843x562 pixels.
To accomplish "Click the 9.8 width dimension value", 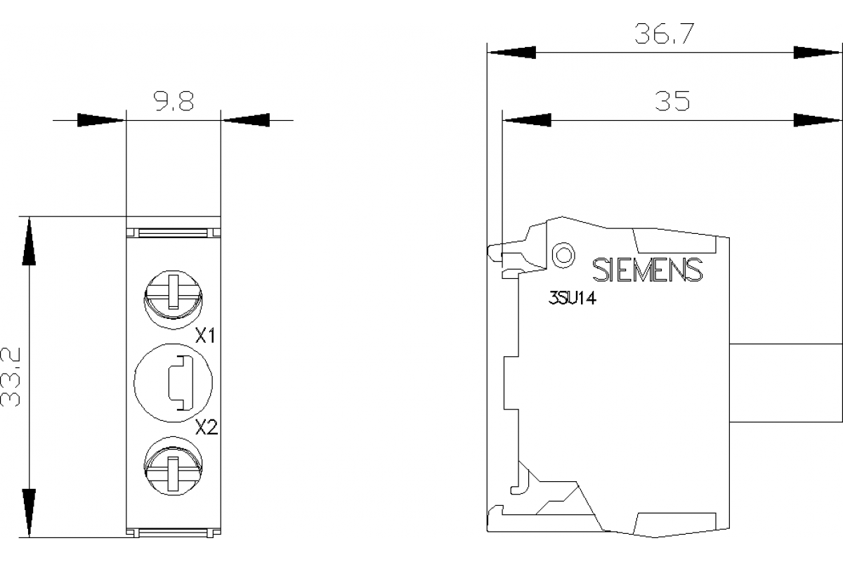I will (174, 103).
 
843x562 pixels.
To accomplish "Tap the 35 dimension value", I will (672, 102).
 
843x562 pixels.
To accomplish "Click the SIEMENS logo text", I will (647, 270).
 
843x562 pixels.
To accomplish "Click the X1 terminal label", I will (205, 336).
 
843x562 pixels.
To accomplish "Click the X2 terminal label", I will (206, 426).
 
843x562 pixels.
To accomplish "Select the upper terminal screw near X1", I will (173, 296).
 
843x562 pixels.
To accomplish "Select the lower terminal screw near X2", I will (173, 466).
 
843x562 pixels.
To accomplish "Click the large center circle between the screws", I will (173, 382).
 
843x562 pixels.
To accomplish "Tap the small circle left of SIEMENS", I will (563, 254).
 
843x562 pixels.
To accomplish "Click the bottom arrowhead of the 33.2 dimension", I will (29, 513).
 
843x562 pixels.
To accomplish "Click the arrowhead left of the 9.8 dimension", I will (101, 120).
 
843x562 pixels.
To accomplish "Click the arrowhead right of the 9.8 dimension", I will (246, 120).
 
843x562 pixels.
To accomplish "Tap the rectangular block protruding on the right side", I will (785, 382).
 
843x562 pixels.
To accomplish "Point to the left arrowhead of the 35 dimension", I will (527, 120).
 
